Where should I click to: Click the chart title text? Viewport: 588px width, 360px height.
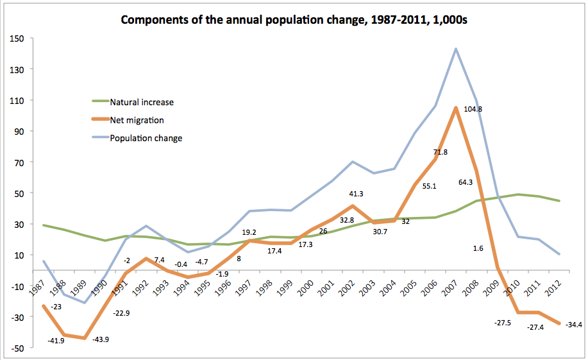(294, 20)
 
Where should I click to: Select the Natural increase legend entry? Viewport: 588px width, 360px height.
(141, 102)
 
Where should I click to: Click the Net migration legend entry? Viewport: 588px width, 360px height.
(137, 119)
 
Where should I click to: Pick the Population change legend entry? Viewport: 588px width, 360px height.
(146, 137)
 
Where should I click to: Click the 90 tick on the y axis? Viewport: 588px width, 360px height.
(19, 132)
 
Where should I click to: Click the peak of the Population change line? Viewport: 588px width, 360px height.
(456, 49)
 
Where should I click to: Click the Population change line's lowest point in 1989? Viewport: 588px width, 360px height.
(85, 303)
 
